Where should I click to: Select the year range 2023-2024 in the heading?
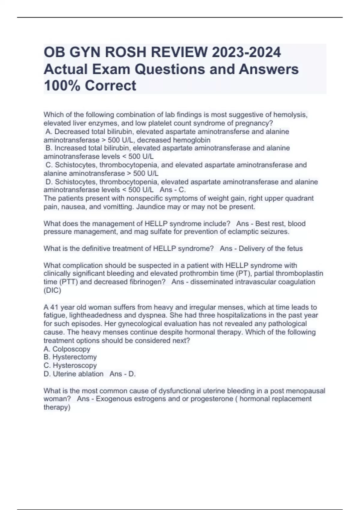click(x=246, y=52)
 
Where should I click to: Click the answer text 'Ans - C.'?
click(x=173, y=190)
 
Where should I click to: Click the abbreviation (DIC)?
click(x=52, y=290)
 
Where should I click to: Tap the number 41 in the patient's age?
click(x=54, y=307)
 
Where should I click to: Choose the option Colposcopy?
click(x=71, y=349)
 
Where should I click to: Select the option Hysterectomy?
click(x=75, y=357)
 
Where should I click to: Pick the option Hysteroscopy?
click(x=75, y=365)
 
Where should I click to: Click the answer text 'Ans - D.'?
click(x=123, y=374)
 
